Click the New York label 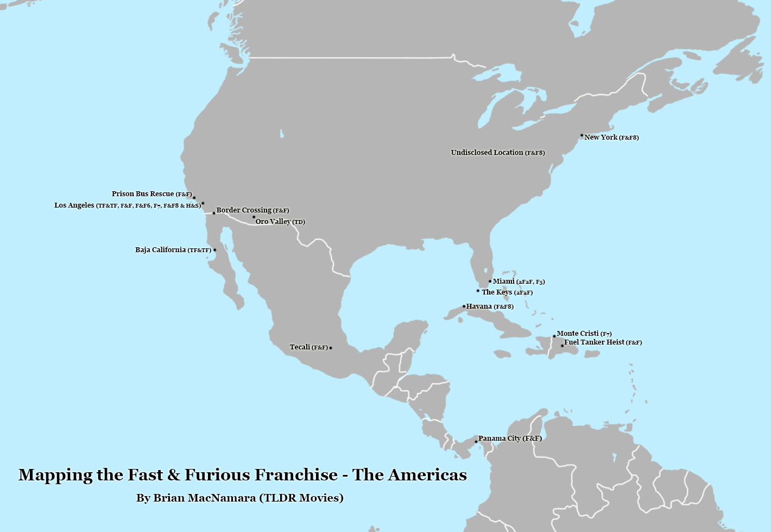coord(611,137)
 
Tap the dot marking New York coord(582,135)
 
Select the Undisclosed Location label coord(497,153)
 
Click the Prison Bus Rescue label coord(151,194)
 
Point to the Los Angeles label coord(128,205)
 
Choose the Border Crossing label coord(252,210)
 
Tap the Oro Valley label coord(280,222)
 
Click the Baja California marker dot coord(214,250)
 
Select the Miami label coord(519,281)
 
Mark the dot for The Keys coord(478,291)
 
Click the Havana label coord(490,306)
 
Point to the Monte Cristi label coord(584,334)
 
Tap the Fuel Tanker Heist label coord(603,342)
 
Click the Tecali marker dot coord(331,348)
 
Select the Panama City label coord(510,439)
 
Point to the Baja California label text coord(173,250)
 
